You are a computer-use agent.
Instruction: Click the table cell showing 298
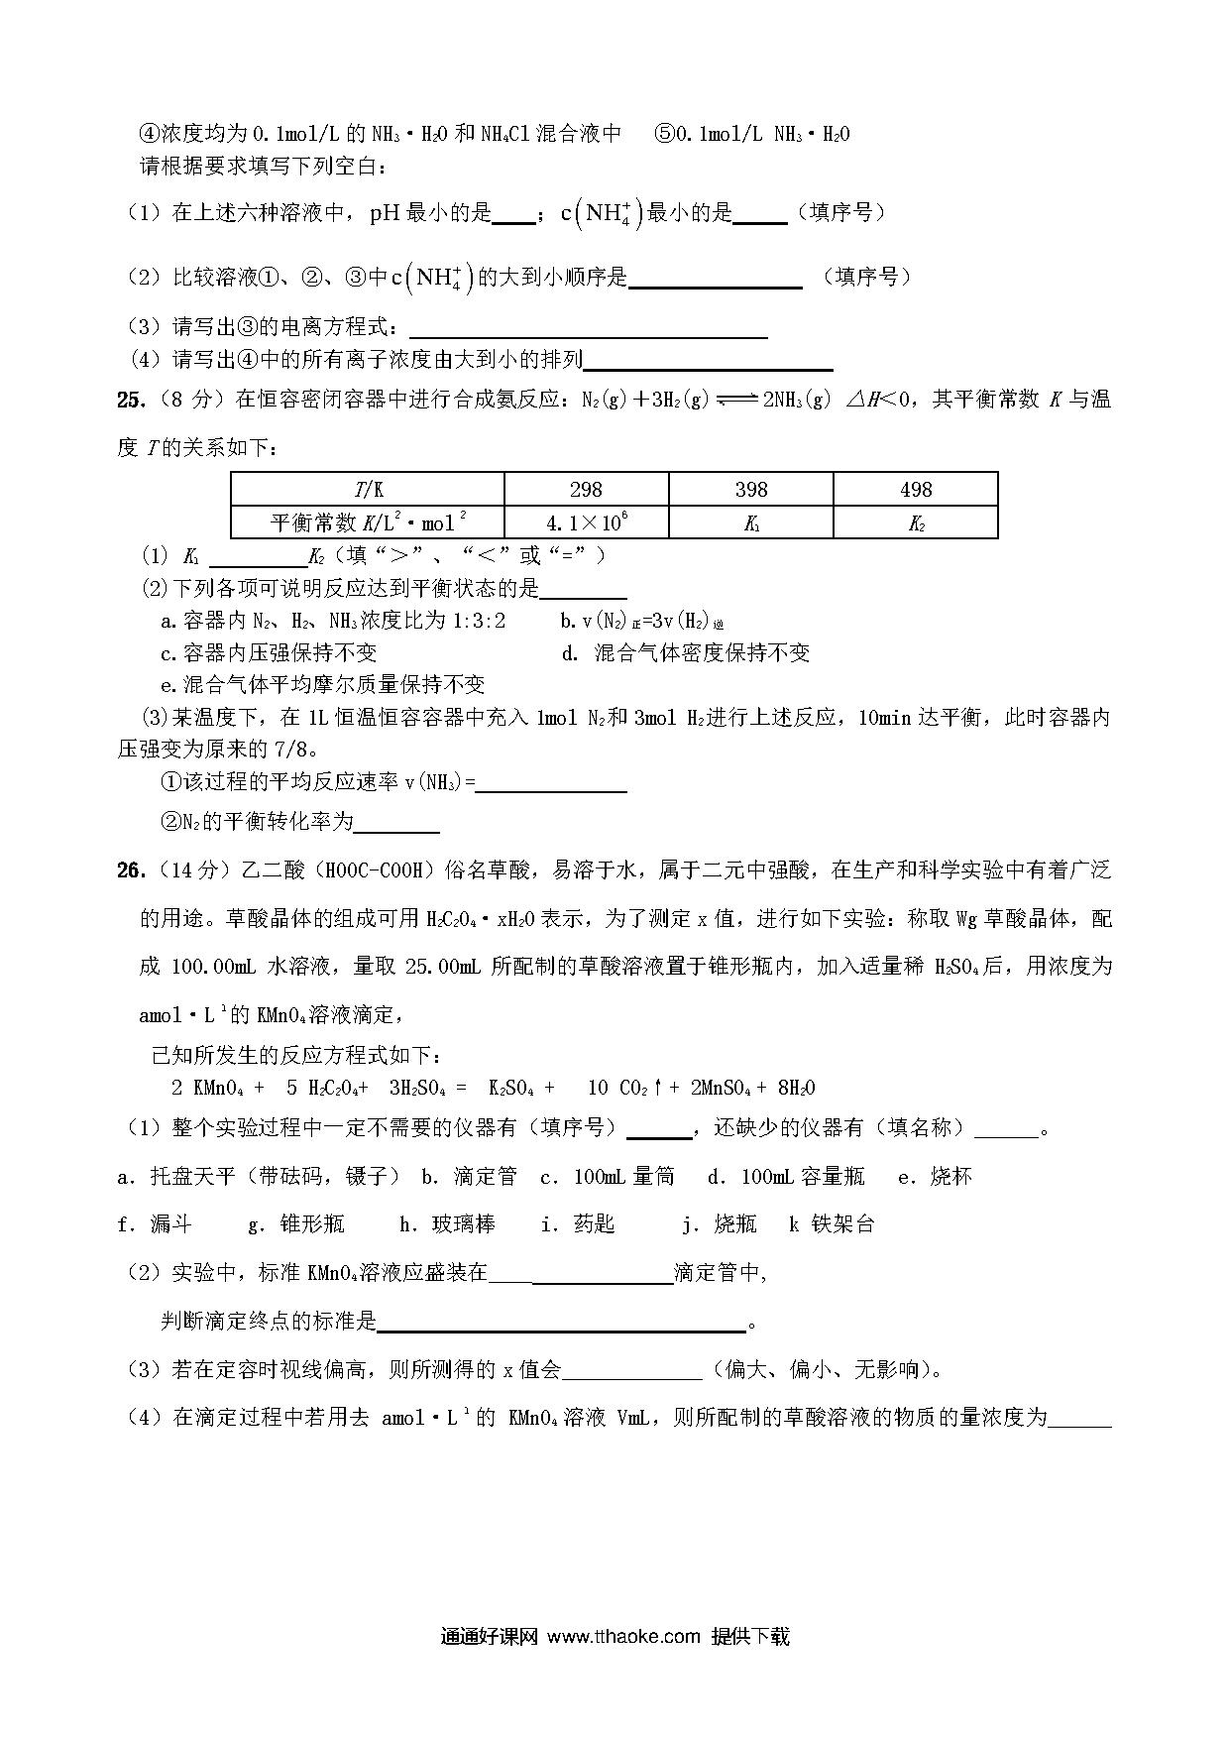point(586,490)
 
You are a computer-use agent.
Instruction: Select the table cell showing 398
point(750,490)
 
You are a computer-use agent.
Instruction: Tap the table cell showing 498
point(915,490)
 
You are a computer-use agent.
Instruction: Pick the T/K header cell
point(368,490)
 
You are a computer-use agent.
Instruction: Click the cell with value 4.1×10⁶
point(586,522)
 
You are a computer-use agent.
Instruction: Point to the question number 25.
point(130,400)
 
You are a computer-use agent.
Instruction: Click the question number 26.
point(130,870)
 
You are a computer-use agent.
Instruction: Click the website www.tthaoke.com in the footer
point(623,1636)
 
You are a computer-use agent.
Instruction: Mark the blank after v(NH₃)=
point(551,783)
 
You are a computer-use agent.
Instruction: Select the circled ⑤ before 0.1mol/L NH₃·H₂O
point(664,134)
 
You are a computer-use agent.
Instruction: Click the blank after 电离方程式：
point(588,328)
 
